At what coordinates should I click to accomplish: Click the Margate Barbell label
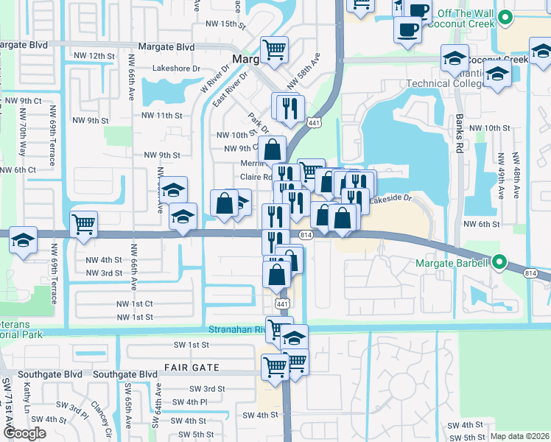(x=452, y=263)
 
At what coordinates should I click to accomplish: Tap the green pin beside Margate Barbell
(x=499, y=262)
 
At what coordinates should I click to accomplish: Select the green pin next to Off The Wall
(x=505, y=17)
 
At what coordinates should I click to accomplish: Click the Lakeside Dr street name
(x=390, y=199)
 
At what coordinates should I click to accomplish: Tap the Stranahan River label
(x=238, y=329)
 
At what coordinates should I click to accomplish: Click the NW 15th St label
(x=222, y=24)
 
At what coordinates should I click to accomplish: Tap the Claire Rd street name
(x=256, y=178)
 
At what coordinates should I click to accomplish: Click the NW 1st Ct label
(x=134, y=304)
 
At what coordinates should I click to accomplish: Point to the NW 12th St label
(x=94, y=56)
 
